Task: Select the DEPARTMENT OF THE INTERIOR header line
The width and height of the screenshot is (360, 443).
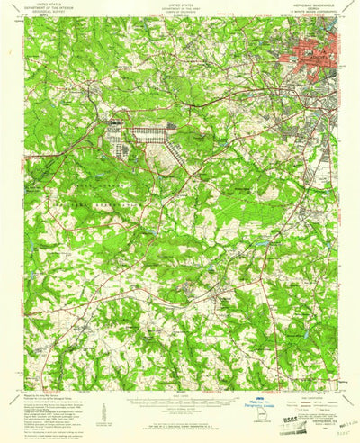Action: [47, 9]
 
